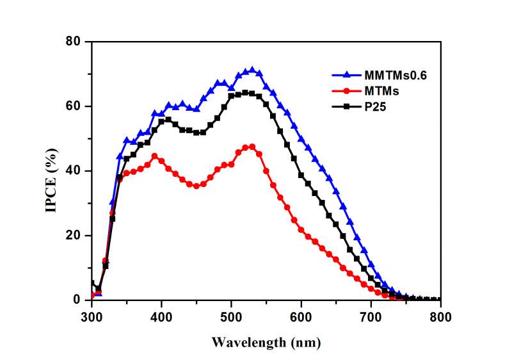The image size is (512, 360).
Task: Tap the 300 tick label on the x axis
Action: click(92, 316)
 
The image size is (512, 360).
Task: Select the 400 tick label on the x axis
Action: click(161, 316)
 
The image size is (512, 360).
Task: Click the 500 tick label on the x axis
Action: click(231, 316)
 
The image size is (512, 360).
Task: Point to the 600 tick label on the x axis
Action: click(301, 316)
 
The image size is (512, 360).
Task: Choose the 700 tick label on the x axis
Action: click(371, 316)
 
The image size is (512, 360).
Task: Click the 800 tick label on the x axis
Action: click(440, 316)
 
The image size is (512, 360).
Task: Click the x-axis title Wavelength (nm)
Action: click(266, 342)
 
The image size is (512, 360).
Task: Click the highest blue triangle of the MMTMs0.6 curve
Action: click(252, 70)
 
